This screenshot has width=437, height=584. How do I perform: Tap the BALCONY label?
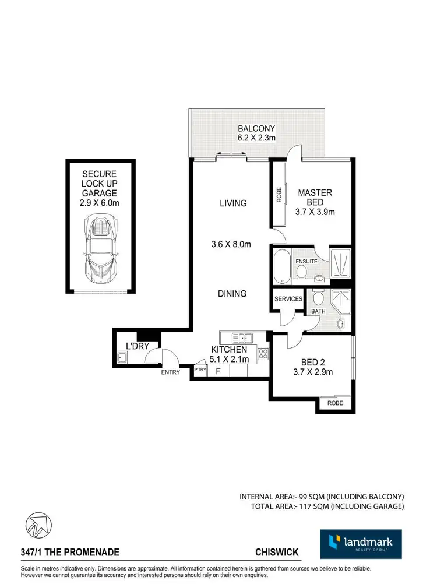click(x=256, y=128)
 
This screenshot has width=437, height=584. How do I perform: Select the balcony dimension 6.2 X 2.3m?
click(x=256, y=138)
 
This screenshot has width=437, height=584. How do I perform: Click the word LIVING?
click(x=233, y=203)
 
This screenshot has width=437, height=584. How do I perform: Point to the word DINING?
click(x=232, y=294)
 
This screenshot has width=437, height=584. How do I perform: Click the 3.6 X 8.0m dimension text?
click(x=231, y=244)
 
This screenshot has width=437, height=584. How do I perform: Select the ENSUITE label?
click(x=306, y=262)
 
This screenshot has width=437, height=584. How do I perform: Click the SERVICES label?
click(x=288, y=299)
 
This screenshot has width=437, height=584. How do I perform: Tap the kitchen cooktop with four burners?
click(x=262, y=353)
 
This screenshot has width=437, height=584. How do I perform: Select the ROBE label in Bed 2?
click(x=335, y=403)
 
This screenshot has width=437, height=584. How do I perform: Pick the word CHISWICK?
click(x=277, y=551)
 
